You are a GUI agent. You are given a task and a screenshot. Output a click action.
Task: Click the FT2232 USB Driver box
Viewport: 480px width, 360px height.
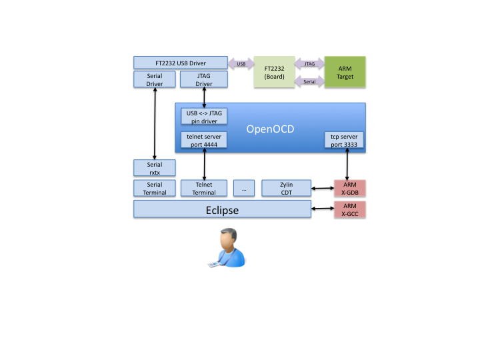click(x=180, y=63)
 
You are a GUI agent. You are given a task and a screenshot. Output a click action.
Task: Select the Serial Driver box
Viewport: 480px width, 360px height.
click(x=155, y=80)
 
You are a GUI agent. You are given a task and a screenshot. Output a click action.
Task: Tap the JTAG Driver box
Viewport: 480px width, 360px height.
click(x=204, y=80)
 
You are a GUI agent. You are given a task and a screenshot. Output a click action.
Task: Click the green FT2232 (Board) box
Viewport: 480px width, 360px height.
click(x=275, y=72)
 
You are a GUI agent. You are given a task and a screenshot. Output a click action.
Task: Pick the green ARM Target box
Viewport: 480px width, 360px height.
click(x=345, y=72)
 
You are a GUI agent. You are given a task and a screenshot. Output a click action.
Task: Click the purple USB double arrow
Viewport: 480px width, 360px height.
click(x=241, y=64)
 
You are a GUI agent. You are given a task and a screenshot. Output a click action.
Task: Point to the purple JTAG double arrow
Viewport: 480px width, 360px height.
click(x=309, y=64)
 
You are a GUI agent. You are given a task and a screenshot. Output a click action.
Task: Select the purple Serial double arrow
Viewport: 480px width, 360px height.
click(x=309, y=81)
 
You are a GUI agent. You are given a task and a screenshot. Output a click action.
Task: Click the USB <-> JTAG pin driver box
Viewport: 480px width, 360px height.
click(x=204, y=117)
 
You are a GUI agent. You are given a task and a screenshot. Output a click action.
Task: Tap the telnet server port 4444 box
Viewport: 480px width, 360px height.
click(x=204, y=140)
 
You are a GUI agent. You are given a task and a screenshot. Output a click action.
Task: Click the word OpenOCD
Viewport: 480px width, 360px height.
click(x=271, y=129)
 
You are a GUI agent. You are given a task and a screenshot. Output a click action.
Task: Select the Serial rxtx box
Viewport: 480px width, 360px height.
click(x=155, y=168)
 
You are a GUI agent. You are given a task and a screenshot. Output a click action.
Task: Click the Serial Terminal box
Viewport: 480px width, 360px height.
click(x=155, y=188)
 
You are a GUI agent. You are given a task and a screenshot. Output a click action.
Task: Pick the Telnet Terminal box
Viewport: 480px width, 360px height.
click(x=204, y=188)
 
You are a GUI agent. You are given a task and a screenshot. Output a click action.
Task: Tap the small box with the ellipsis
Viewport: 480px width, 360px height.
click(x=244, y=188)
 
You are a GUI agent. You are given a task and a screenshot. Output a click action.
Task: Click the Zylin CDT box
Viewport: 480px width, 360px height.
click(x=287, y=188)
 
